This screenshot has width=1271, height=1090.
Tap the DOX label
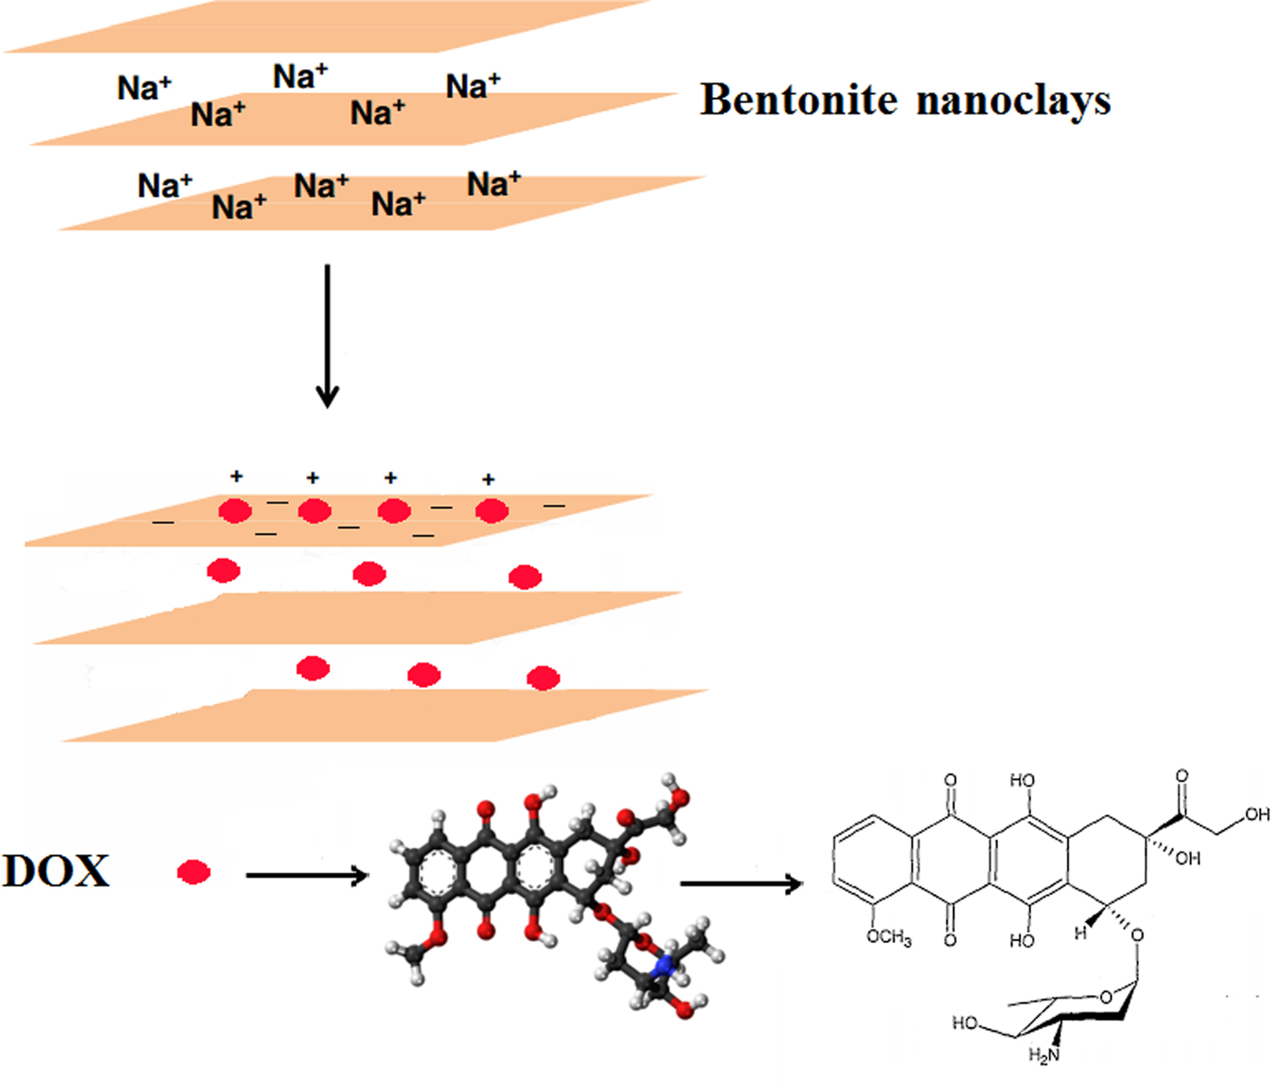coord(56,871)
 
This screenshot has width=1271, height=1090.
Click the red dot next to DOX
coord(193,873)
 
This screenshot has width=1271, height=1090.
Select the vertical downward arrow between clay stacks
coord(327,336)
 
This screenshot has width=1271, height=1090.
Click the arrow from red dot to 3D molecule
coord(307,876)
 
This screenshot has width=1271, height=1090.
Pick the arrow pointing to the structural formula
coord(741,883)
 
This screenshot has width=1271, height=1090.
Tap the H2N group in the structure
coord(1044,1055)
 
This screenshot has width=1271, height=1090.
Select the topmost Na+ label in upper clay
coord(301,77)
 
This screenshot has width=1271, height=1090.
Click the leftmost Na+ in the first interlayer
coord(144,89)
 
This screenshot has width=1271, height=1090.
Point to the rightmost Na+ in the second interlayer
coord(494,184)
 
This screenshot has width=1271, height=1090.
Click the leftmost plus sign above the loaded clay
coord(236,476)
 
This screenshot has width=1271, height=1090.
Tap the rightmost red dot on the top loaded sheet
coord(491,512)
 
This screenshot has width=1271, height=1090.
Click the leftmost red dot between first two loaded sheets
coord(223,571)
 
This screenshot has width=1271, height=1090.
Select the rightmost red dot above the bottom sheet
coord(543,678)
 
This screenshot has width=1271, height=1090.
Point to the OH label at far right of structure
coord(1256,815)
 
